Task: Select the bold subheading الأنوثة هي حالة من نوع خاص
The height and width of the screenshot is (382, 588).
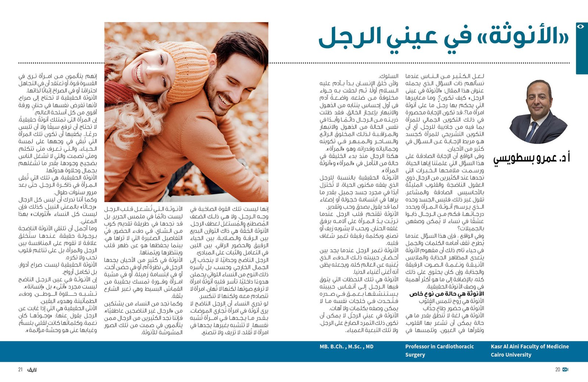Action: point(447,294)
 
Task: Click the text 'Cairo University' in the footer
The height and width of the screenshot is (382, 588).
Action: point(511,355)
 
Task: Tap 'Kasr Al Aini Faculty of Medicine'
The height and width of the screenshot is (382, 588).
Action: point(530,346)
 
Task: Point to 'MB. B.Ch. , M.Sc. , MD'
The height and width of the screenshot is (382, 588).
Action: point(346,346)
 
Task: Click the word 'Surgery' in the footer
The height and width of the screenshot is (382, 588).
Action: point(415,355)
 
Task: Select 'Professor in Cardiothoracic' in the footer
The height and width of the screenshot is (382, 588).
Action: point(439,346)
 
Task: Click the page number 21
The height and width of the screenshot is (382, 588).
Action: point(21,370)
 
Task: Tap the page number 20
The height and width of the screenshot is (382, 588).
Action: point(557,370)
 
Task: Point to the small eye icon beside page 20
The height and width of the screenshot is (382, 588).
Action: point(566,370)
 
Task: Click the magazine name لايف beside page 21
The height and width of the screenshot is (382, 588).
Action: point(32,370)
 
